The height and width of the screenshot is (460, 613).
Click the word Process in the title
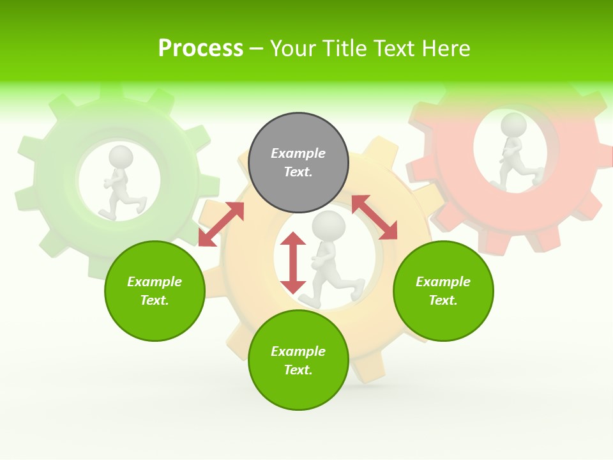click(x=201, y=48)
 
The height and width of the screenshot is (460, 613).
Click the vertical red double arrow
click(x=293, y=263)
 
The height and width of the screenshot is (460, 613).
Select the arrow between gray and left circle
click(x=221, y=224)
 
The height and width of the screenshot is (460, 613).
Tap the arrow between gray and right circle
click(x=374, y=217)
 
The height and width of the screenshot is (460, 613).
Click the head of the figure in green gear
click(x=121, y=157)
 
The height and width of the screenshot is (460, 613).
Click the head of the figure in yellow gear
click(x=329, y=226)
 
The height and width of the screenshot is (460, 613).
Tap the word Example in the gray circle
click(x=298, y=153)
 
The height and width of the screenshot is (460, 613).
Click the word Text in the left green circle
click(x=155, y=300)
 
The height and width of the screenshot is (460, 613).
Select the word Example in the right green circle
click(x=443, y=282)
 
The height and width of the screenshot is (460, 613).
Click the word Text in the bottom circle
click(x=298, y=370)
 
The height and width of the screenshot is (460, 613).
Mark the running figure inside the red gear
click(x=514, y=153)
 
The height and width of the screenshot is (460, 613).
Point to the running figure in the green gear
click(x=121, y=185)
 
